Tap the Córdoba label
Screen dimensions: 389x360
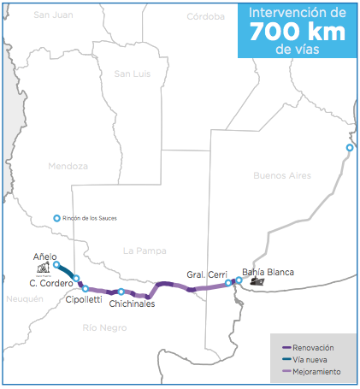tap(204, 15)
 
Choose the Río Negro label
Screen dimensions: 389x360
tap(104, 327)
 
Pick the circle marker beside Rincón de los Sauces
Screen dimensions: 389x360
tap(57, 218)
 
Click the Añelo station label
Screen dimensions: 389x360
tap(44, 256)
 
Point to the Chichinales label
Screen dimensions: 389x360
tap(132, 304)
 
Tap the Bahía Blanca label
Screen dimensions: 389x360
tap(268, 272)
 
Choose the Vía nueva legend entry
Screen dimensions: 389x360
tap(313, 359)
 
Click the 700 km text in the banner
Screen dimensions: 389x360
tap(295, 32)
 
